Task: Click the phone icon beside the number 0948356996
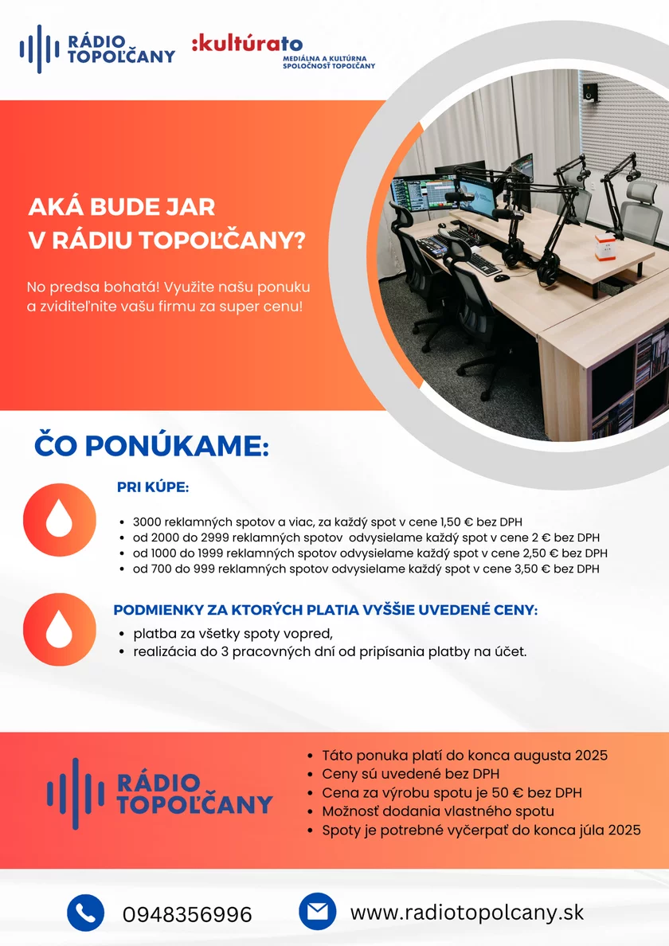tap(86, 913)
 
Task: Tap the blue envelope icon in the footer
tap(317, 912)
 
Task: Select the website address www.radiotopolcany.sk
tap(467, 913)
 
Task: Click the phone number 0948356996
tap(187, 915)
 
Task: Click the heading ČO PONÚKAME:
tap(151, 446)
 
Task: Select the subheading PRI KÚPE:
tap(153, 487)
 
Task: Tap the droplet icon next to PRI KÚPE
tap(59, 519)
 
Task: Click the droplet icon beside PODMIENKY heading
tap(59, 629)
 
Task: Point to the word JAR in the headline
tap(188, 207)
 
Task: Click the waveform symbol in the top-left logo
tap(39, 49)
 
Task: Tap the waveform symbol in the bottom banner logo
tap(76, 794)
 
